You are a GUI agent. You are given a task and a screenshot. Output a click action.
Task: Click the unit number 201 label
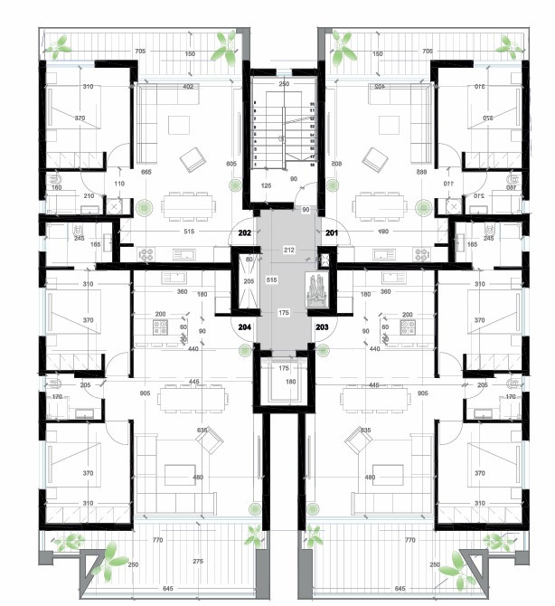[331, 232]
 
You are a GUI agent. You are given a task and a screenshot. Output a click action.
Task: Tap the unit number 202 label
[244, 232]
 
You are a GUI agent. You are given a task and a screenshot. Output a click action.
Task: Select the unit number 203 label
[321, 327]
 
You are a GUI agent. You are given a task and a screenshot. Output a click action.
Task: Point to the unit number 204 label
[244, 327]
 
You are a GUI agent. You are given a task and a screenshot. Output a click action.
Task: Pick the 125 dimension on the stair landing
[266, 185]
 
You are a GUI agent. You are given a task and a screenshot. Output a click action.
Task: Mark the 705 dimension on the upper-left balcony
[140, 52]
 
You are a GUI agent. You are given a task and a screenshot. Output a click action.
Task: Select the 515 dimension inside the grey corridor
[271, 280]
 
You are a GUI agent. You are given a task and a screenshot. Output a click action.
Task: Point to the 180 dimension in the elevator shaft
[291, 382]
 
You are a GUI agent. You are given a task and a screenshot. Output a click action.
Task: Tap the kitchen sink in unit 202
[177, 256]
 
